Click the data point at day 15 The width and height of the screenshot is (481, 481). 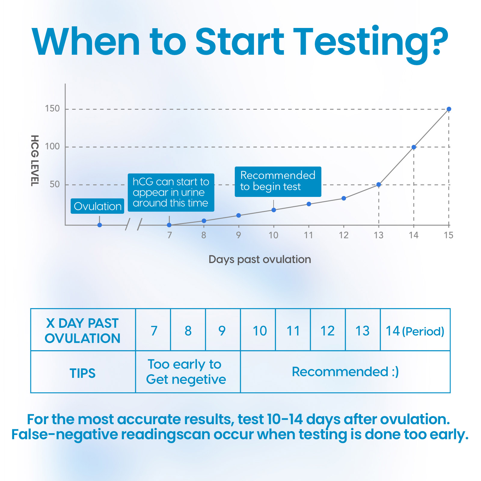[449, 109]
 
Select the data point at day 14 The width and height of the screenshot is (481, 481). [414, 147]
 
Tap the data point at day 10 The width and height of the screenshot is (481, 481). [274, 210]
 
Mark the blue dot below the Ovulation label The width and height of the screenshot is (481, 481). [100, 225]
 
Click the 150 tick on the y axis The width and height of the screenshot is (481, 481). [52, 109]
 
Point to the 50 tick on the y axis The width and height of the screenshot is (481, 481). [55, 184]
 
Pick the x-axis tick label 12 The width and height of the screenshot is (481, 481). [344, 235]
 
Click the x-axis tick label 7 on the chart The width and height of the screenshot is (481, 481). [170, 235]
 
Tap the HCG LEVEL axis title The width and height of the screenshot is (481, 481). [35, 161]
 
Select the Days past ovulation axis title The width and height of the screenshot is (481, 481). [260, 259]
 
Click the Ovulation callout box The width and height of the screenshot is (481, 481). [97, 206]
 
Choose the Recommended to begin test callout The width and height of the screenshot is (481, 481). [278, 182]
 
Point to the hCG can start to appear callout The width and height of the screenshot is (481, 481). [171, 192]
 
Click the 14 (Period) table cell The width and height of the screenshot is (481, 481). [415, 330]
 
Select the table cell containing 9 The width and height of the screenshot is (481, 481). [223, 330]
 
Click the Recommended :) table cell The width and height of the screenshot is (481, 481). [345, 372]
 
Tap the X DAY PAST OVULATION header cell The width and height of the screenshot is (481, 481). [83, 330]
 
